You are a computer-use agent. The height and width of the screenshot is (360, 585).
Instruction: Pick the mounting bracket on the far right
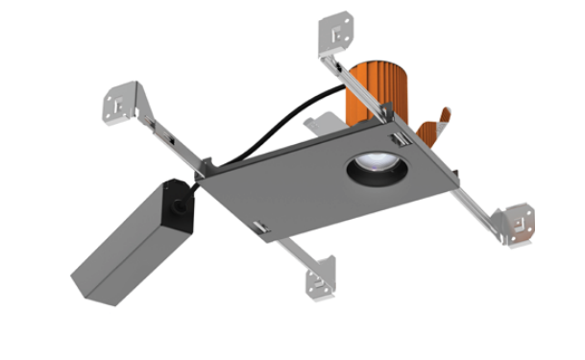pyautogui.click(x=520, y=223)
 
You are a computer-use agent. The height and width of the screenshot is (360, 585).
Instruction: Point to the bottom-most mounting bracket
pyautogui.click(x=321, y=282)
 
